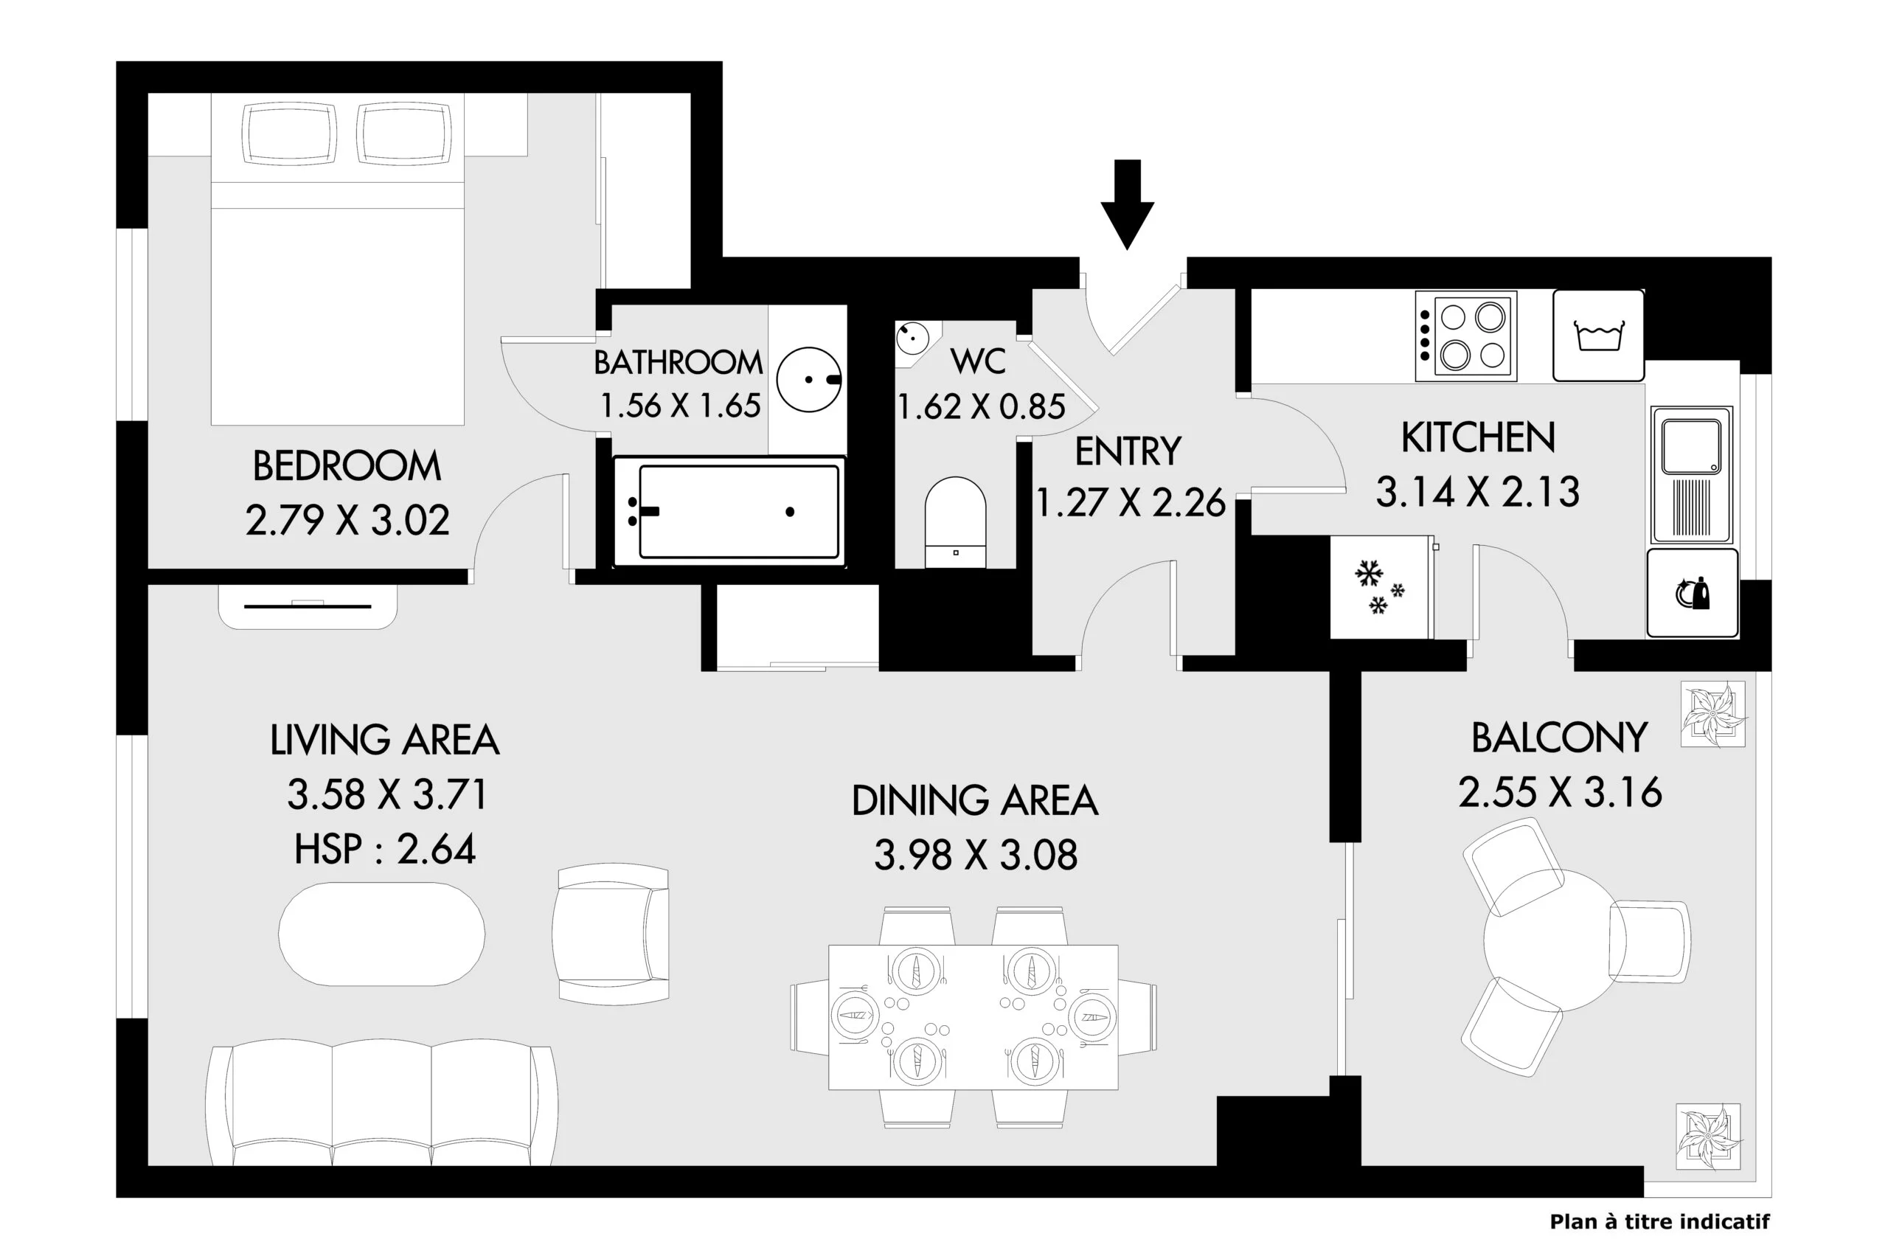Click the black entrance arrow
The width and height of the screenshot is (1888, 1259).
click(1127, 205)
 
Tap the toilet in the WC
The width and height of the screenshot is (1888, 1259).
click(955, 523)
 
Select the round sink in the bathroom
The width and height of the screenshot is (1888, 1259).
click(809, 380)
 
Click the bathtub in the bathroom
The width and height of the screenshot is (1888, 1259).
click(729, 511)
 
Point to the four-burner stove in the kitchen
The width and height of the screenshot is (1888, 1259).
click(1465, 336)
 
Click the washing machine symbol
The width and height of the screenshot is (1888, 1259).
click(1598, 336)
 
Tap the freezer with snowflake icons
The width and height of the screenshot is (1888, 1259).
click(1381, 588)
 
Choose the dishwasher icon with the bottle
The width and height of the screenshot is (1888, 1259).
click(1692, 594)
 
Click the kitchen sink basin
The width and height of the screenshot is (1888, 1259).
click(1691, 446)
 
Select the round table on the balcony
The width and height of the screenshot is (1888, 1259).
click(1555, 940)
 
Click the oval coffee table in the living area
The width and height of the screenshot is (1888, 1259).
click(381, 934)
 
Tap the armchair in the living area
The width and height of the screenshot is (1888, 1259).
click(611, 934)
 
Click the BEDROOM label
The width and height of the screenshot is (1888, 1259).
click(347, 465)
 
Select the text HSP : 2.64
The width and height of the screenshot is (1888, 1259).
click(385, 849)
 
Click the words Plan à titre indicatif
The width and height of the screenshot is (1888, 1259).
click(1659, 1222)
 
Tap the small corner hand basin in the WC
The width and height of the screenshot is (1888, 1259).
click(912, 339)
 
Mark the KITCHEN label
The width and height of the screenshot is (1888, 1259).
click(1478, 437)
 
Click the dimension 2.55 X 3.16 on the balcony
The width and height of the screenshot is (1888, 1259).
click(1560, 791)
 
